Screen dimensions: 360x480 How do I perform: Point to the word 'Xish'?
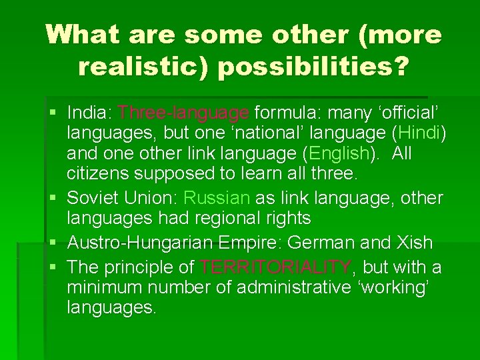[413, 243]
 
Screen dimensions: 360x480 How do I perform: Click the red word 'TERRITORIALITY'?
[276, 267]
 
